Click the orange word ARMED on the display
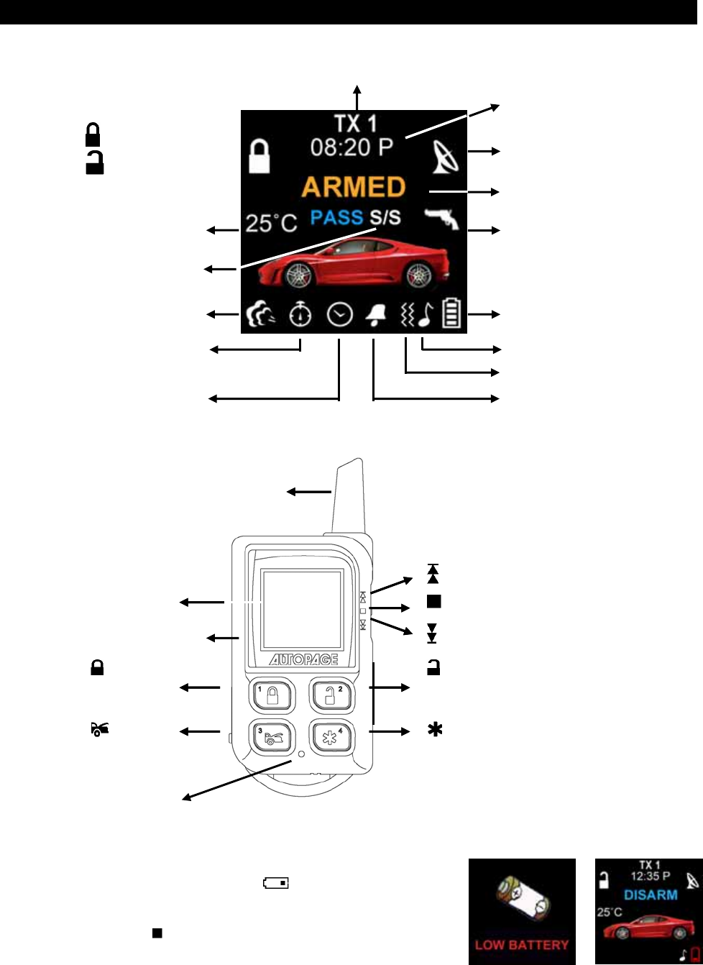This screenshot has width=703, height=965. (x=354, y=187)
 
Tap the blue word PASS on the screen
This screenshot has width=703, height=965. (x=336, y=217)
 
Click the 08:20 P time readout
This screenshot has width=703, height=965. (x=351, y=147)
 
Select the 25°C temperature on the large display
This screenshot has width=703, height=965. (x=271, y=223)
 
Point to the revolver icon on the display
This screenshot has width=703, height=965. (x=441, y=218)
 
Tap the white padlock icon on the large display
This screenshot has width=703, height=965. (x=259, y=156)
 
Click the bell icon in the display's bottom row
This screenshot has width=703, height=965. (x=375, y=315)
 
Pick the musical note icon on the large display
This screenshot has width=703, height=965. (x=426, y=315)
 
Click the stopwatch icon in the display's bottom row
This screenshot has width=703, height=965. (x=300, y=315)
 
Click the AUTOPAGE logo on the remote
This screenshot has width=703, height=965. (x=305, y=660)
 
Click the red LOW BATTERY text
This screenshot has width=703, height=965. (x=522, y=945)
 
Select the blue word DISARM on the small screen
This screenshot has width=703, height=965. (x=651, y=895)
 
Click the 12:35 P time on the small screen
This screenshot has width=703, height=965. (x=651, y=877)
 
